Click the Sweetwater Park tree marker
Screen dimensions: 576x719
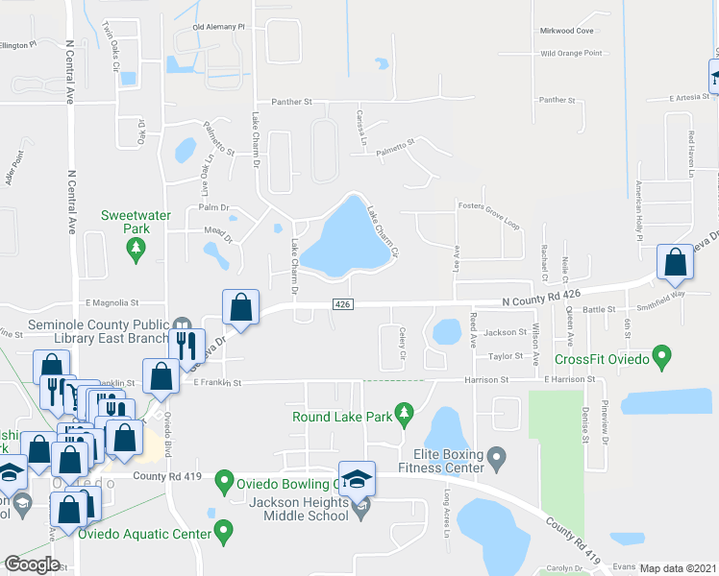[136, 250]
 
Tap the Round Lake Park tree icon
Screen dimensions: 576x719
[405, 416]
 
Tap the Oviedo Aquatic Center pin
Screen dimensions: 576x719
[224, 529]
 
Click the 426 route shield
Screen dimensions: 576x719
[342, 304]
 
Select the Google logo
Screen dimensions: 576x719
[32, 564]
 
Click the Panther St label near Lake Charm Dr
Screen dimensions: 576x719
[291, 101]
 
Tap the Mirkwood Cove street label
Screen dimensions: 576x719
[570, 30]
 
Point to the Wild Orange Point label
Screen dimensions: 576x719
[571, 53]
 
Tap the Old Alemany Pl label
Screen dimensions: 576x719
[218, 27]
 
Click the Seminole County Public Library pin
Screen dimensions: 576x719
[182, 324]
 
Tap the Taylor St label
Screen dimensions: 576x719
[504, 356]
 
